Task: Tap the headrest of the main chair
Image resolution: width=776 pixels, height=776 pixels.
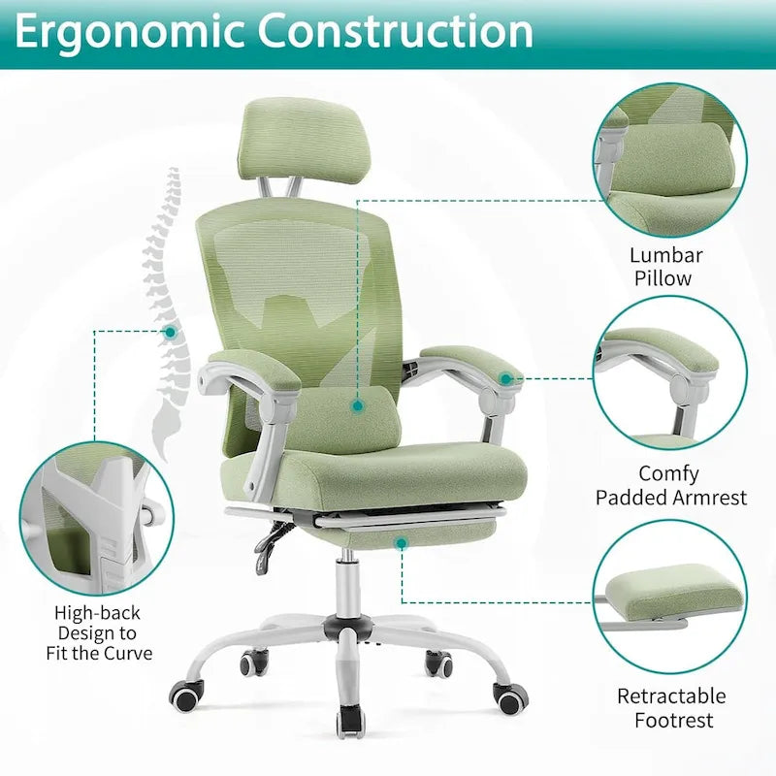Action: [289, 135]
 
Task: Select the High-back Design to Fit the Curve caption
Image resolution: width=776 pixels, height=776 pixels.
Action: [99, 632]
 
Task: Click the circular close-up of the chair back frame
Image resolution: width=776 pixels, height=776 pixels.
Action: [97, 518]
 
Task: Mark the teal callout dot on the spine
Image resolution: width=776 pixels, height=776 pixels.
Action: [170, 332]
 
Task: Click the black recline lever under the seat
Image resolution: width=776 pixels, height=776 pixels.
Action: [272, 543]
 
